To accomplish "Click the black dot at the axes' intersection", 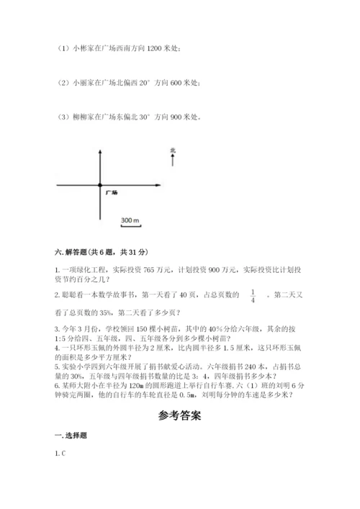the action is coord(100,186).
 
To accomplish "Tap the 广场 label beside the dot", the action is coord(111,193).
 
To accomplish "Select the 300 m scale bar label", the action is coord(130,219).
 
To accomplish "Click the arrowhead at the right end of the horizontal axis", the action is coord(157,186).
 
